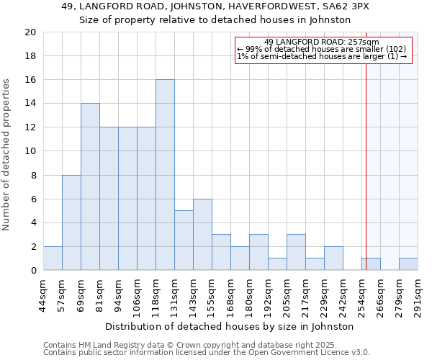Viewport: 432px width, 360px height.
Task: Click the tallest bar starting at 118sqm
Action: click(x=165, y=175)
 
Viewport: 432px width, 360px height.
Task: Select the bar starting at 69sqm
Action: click(x=90, y=186)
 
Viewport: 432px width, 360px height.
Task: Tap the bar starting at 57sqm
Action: click(x=71, y=222)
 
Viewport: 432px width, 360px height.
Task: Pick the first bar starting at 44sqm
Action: click(x=53, y=258)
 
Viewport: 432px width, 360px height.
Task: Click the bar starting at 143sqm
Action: click(x=202, y=235)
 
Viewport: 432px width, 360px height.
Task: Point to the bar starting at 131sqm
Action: click(x=184, y=240)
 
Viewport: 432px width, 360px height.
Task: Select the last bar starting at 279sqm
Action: click(x=408, y=264)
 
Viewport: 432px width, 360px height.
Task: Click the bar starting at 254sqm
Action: click(x=371, y=264)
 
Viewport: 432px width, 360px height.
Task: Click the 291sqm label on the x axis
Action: click(x=418, y=295)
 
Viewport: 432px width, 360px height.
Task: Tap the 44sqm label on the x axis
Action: click(x=43, y=295)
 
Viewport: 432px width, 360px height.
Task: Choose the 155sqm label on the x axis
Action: click(x=212, y=295)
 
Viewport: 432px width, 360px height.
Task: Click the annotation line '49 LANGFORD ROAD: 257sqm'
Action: click(x=322, y=42)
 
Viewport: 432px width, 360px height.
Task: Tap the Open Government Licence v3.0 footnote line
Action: click(x=207, y=352)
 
